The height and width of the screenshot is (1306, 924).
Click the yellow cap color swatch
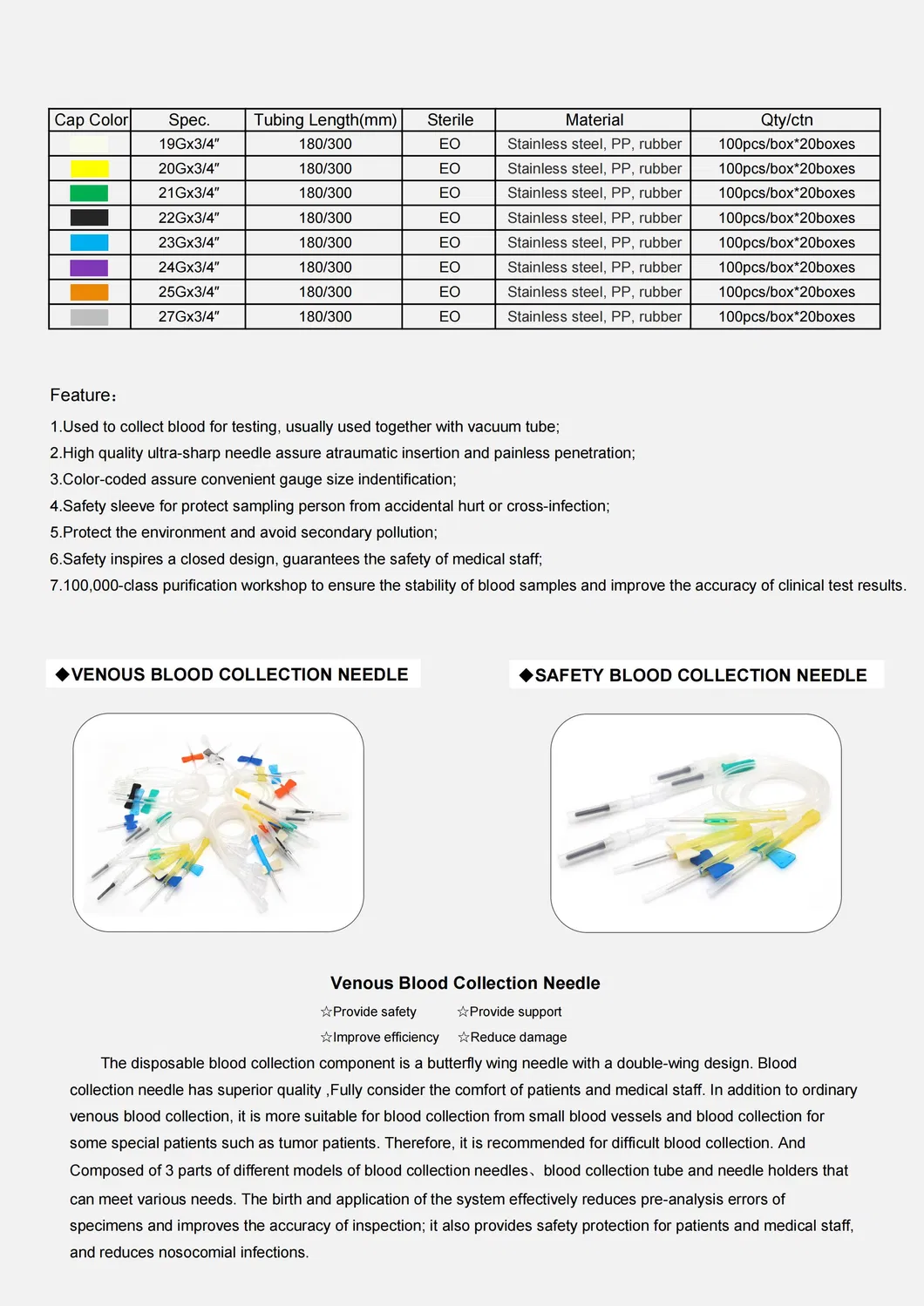point(89,169)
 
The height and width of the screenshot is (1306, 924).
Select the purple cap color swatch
point(89,267)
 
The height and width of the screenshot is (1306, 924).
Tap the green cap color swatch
point(89,193)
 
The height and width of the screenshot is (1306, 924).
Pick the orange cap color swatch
point(89,293)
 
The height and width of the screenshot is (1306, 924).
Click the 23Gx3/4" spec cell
point(188,243)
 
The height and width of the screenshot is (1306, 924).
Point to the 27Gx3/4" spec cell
point(188,317)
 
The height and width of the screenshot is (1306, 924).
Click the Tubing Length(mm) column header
point(324,120)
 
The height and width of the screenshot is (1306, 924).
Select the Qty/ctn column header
point(785,120)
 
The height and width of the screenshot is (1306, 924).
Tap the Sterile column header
point(450,120)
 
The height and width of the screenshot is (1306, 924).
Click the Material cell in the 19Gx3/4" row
point(594,145)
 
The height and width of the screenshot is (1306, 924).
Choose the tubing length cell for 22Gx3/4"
point(324,219)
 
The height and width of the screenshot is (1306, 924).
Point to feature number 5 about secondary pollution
point(244,532)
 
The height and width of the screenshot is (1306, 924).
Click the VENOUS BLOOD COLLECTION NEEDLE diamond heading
point(233,674)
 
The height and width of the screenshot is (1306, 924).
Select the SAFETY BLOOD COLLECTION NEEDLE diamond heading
point(694,675)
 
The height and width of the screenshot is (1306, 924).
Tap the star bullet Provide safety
point(369,1012)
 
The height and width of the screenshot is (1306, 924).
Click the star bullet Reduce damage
point(513,1037)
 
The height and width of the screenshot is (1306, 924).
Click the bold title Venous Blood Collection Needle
point(465,983)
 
